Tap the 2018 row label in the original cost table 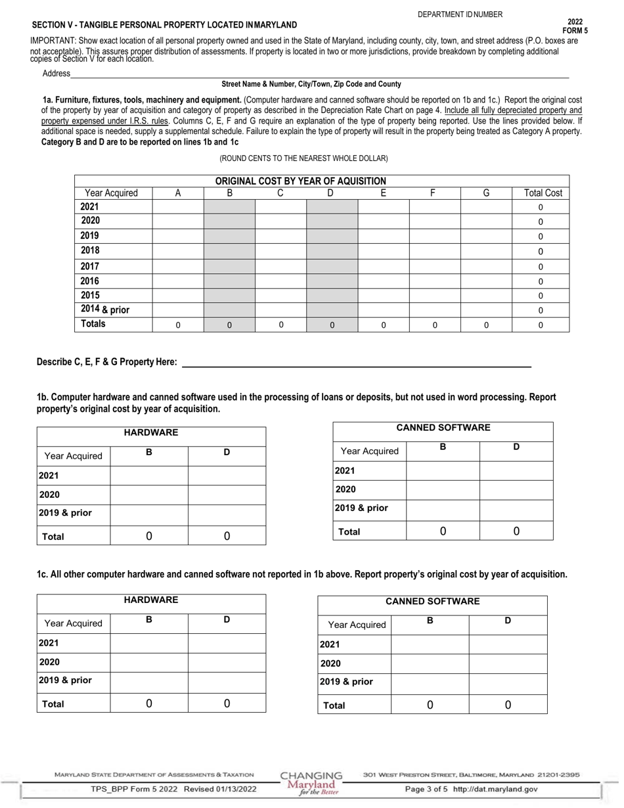click(90, 250)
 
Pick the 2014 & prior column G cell click(486, 309)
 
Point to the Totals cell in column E click(384, 325)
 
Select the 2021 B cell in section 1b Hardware click(149, 475)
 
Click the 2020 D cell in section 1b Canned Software click(516, 490)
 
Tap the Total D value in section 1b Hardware click(227, 536)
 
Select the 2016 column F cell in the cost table click(435, 281)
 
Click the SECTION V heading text click(164, 25)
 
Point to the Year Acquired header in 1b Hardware click(74, 456)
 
